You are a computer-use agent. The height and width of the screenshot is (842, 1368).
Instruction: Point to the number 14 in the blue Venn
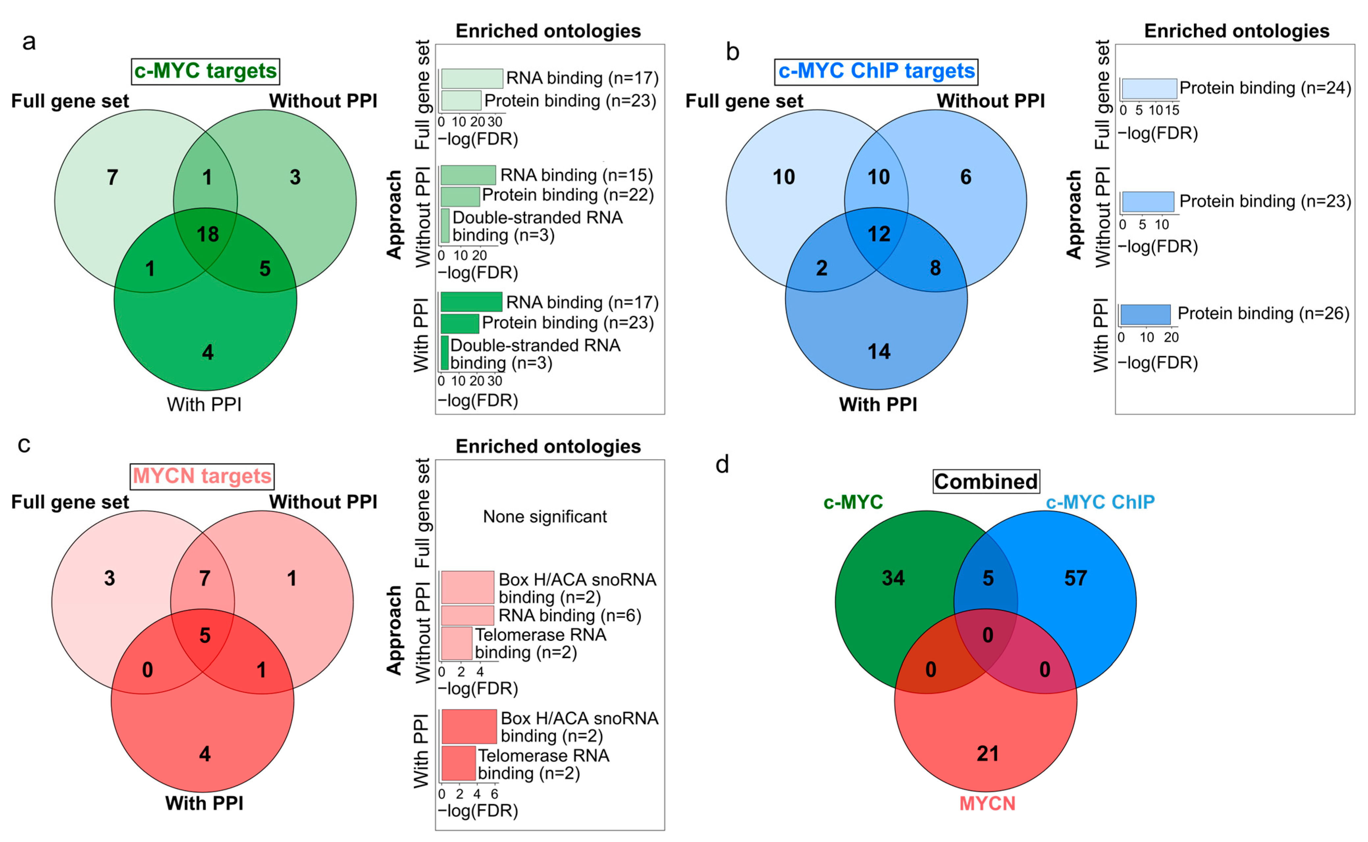[x=879, y=352]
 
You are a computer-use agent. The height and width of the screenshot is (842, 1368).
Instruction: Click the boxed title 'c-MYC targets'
[x=205, y=71]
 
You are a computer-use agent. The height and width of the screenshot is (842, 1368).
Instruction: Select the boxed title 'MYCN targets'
[x=202, y=476]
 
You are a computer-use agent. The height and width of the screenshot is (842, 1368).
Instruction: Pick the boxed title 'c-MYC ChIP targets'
[x=876, y=71]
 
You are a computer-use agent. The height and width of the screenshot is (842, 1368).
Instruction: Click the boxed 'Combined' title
[x=986, y=482]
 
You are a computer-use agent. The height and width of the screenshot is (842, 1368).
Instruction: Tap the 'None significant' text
[x=545, y=517]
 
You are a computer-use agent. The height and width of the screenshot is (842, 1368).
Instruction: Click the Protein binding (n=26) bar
[x=1145, y=315]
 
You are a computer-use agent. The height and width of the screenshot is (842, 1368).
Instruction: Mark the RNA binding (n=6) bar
[x=467, y=615]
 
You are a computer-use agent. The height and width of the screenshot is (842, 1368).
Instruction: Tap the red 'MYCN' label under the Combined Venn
[x=987, y=803]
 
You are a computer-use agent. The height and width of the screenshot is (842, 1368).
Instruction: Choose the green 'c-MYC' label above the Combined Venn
[x=853, y=502]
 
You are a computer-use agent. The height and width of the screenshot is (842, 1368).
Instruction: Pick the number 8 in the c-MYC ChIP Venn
[x=935, y=268]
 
